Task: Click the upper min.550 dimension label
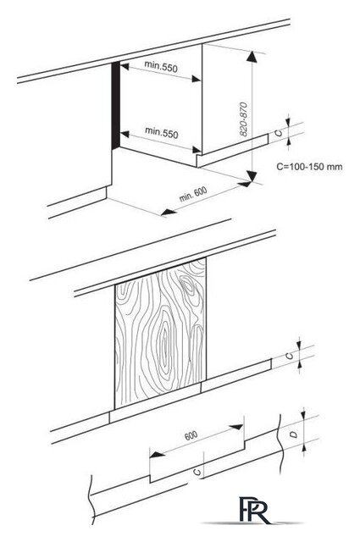tap(161, 66)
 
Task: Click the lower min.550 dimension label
tap(162, 132)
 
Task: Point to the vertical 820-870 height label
tap(244, 119)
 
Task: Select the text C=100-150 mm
tap(309, 167)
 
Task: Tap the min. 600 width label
tap(193, 194)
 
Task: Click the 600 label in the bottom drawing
tap(191, 435)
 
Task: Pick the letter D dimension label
tap(294, 434)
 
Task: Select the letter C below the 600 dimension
tap(197, 472)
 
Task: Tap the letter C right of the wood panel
tap(290, 356)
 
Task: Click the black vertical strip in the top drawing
tap(115, 105)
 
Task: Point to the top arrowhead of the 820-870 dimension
tap(252, 57)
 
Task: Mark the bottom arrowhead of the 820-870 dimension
tap(252, 175)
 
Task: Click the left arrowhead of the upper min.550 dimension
tap(125, 66)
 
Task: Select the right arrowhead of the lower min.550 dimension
tap(197, 150)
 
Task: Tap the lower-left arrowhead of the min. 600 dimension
tap(169, 212)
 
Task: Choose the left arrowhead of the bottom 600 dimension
tap(157, 454)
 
